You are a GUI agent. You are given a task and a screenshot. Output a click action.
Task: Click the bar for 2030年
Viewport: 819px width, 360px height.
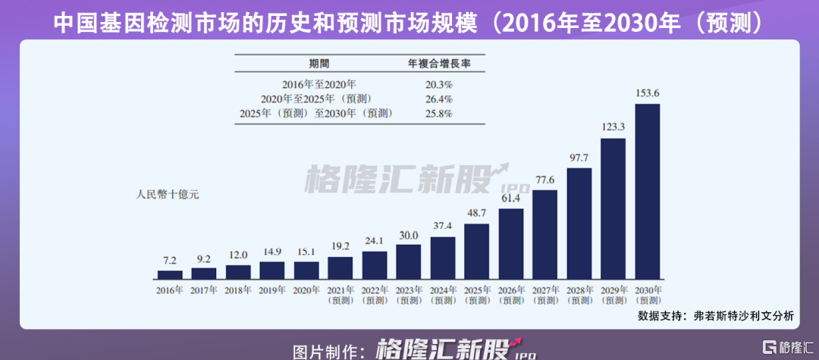point(647,192)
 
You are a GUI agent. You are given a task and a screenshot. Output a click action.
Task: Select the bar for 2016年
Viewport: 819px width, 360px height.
point(170,275)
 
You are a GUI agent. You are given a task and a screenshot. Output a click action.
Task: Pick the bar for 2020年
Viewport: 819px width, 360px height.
point(306,271)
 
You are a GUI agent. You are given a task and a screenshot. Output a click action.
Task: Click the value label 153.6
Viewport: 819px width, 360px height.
point(647,93)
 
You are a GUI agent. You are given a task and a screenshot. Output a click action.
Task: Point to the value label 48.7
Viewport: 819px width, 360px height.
point(476,214)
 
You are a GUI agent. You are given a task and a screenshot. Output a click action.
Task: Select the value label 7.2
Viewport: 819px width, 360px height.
point(170,260)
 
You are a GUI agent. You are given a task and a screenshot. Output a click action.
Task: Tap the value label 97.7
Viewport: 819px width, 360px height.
point(579,158)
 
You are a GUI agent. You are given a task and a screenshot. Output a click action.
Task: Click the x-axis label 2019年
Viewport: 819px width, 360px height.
point(272,290)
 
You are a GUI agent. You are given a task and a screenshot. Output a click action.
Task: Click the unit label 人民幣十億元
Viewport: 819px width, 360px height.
point(167,194)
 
